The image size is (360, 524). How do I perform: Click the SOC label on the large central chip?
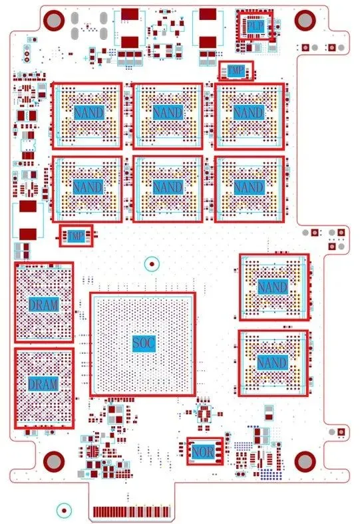click(144, 343)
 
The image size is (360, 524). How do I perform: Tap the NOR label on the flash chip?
click(203, 452)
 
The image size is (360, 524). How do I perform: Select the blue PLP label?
click(256, 26)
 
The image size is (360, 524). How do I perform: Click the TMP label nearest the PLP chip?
click(236, 70)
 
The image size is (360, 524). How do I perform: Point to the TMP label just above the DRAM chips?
click(76, 236)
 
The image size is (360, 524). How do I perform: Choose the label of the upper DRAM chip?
click(44, 305)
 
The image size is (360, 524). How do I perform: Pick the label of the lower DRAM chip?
click(43, 384)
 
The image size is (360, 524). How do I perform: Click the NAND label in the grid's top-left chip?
click(89, 112)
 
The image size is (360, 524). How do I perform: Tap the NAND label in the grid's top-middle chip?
click(168, 112)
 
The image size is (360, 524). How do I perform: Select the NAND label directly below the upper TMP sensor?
click(249, 112)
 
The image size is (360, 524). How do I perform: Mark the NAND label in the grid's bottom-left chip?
click(89, 186)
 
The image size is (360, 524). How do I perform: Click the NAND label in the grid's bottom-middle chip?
click(168, 186)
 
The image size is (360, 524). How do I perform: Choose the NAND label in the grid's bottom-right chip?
click(250, 186)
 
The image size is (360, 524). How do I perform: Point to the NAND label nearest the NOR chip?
click(272, 362)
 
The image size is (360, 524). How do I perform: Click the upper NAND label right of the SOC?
click(273, 287)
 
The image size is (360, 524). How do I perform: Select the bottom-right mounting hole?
click(305, 461)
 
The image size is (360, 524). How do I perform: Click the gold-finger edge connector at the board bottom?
click(132, 511)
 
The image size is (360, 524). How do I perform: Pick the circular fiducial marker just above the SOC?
click(152, 264)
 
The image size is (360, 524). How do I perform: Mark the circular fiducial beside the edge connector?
click(64, 510)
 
